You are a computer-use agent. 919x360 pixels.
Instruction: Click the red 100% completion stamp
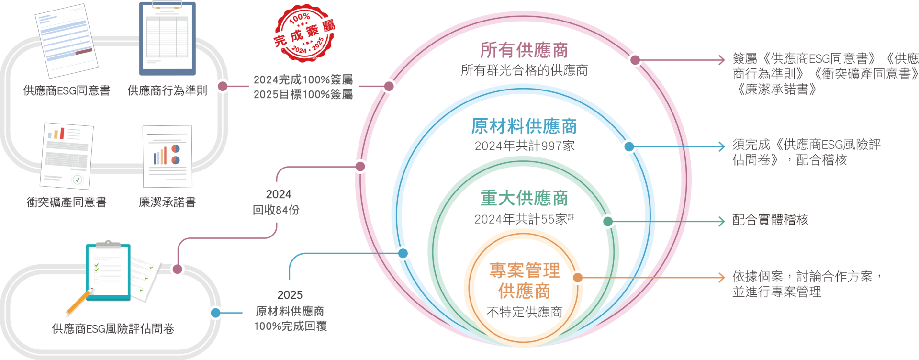coord(303,34)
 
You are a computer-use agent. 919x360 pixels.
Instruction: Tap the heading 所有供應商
coord(524,50)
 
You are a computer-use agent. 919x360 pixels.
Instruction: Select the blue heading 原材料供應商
coord(524,126)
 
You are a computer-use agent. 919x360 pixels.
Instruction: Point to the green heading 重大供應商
coord(524,198)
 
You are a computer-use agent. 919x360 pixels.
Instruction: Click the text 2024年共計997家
coord(525,146)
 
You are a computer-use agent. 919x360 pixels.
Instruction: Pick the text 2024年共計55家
coord(522,219)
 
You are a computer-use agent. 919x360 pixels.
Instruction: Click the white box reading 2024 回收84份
coord(276,202)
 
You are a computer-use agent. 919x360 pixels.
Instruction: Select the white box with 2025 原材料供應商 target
coord(291,308)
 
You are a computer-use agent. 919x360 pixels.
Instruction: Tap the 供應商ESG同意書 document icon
coord(67,40)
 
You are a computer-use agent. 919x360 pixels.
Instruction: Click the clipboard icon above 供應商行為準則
coord(168,38)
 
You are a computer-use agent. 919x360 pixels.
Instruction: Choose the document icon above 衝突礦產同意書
coord(67,156)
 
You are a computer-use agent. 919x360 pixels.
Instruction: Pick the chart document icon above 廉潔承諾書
coord(168,156)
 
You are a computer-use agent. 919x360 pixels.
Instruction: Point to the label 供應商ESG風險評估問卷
coord(113,329)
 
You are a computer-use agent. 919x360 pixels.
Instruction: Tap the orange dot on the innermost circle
coord(578,278)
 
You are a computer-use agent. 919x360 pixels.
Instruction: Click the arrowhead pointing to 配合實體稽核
coord(722,221)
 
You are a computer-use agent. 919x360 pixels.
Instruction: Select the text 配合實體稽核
coord(771,220)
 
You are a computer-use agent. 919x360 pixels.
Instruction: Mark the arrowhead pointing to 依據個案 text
coord(722,278)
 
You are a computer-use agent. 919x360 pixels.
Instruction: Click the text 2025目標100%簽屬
coord(303,94)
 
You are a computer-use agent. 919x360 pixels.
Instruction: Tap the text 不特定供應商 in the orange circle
coord(525,312)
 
